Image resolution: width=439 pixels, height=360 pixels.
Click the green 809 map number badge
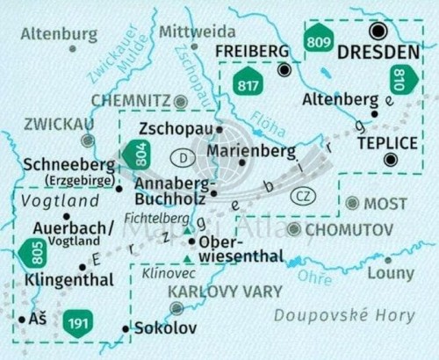pyautogui.click(x=318, y=40)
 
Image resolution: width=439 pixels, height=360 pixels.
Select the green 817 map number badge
pyautogui.click(x=249, y=85)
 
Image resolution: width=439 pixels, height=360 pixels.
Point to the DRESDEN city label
pyautogui.click(x=378, y=52)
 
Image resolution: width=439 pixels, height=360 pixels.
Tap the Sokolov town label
pyautogui.click(x=162, y=329)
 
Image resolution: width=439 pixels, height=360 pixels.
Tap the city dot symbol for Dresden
pyautogui.click(x=378, y=31)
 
